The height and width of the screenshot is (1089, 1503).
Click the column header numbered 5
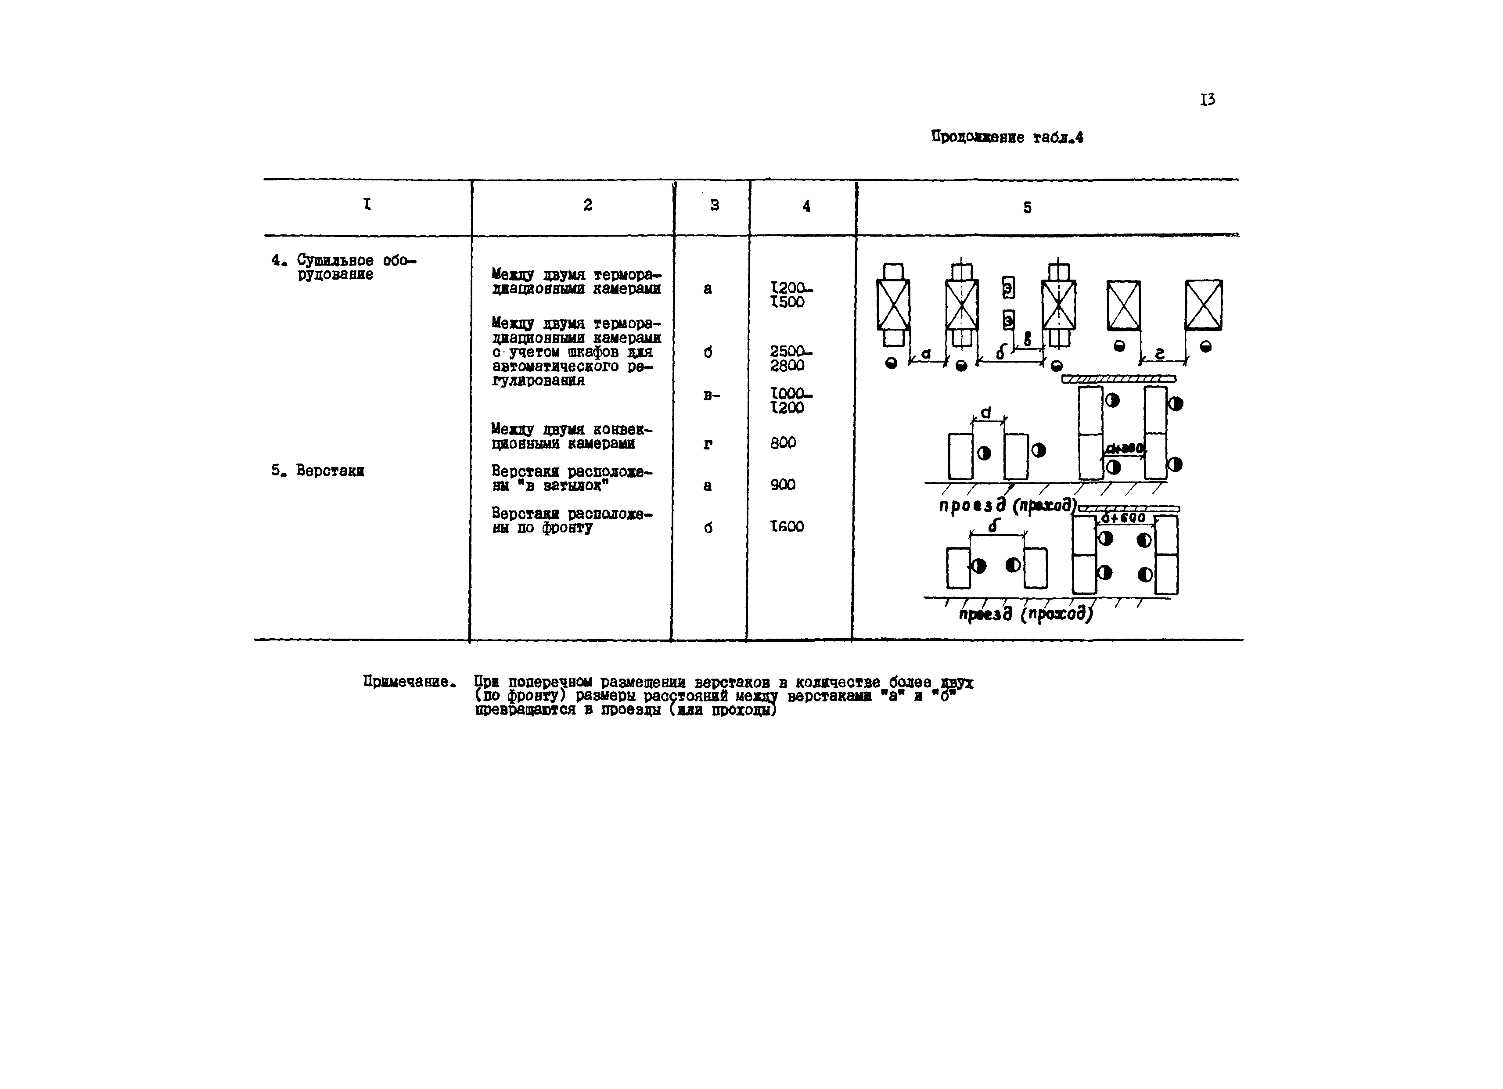[1027, 208]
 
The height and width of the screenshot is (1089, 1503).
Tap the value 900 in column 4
[783, 485]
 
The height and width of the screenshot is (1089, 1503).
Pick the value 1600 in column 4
[787, 526]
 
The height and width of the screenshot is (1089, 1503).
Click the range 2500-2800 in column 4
[789, 358]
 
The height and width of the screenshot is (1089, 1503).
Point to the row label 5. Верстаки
[318, 471]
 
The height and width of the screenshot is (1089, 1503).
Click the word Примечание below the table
[409, 681]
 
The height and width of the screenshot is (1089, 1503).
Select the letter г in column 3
[708, 444]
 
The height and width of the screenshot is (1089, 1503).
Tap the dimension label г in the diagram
[1160, 355]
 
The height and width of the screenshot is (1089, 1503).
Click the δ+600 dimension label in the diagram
[1123, 518]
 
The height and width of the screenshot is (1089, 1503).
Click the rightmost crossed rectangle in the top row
[1204, 305]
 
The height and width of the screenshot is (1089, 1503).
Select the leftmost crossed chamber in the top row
[893, 305]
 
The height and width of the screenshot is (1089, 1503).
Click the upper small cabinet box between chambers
[1008, 288]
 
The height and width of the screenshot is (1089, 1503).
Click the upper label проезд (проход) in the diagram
[1007, 505]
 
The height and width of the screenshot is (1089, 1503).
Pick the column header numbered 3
[714, 205]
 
